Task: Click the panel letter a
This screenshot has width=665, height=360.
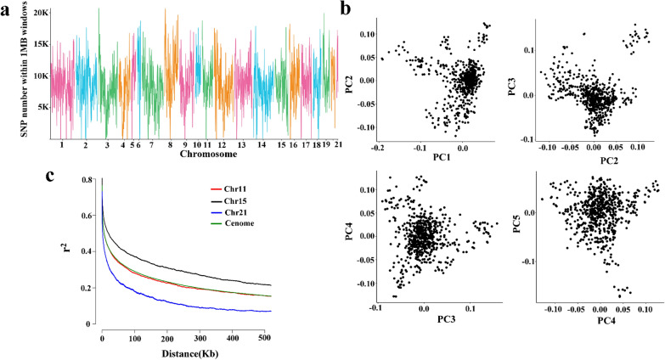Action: (x=6, y=8)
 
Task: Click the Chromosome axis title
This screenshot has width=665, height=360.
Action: (x=200, y=155)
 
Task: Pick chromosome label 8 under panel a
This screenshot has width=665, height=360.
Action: (x=172, y=145)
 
